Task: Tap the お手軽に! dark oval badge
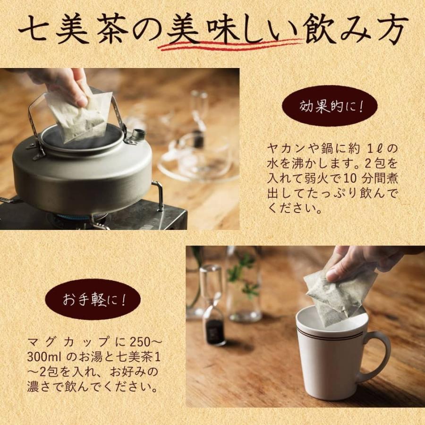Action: tap(93, 299)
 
